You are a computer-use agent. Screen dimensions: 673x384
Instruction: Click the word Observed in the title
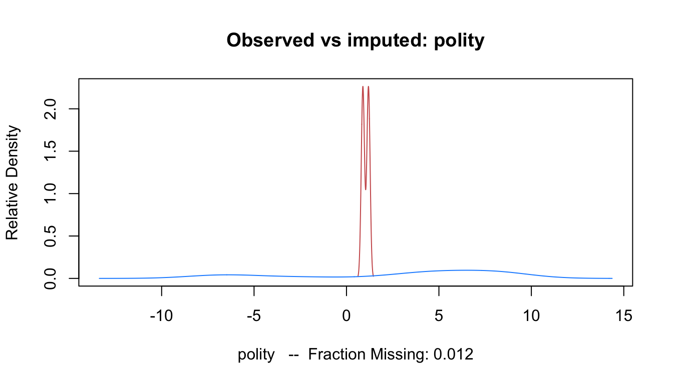click(x=270, y=40)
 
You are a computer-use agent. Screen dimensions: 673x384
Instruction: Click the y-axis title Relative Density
click(x=13, y=182)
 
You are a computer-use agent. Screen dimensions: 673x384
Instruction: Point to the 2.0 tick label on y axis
click(x=50, y=108)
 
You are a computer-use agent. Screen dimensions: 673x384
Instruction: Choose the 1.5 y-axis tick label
click(x=50, y=151)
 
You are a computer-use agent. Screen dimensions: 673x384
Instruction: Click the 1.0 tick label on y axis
click(x=50, y=193)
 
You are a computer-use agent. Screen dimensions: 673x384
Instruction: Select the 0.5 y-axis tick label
click(x=50, y=236)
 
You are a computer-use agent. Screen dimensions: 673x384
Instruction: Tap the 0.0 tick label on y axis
click(x=50, y=278)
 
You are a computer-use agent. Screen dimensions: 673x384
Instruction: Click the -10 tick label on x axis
click(x=162, y=315)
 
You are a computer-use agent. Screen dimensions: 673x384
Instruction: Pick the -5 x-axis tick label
click(x=254, y=315)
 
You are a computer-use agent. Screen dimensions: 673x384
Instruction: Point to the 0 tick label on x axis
click(x=347, y=315)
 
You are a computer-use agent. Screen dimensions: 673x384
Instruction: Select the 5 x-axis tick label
click(x=439, y=315)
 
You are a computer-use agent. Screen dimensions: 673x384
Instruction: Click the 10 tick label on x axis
click(x=531, y=315)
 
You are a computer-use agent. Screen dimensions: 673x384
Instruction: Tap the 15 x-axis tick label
click(x=624, y=315)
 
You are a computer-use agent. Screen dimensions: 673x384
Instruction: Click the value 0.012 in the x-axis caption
click(x=453, y=354)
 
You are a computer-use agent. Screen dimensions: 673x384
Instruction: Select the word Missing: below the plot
click(x=400, y=355)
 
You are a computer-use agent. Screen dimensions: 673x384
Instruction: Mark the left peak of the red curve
click(x=363, y=86)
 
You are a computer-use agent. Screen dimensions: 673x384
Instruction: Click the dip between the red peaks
click(x=366, y=189)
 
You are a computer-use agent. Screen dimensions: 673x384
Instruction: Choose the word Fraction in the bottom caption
click(x=338, y=354)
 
